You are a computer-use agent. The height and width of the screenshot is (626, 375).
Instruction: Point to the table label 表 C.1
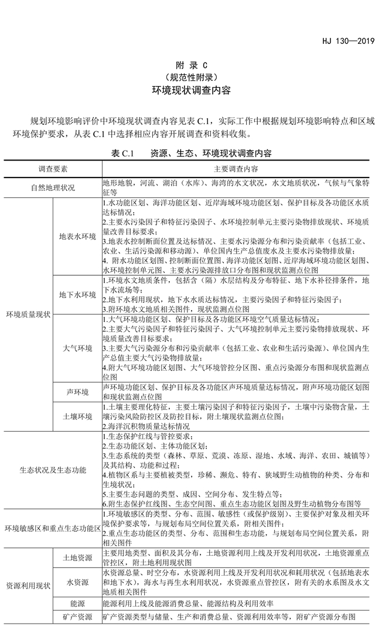coord(122,153)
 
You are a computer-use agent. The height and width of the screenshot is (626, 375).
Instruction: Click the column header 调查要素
coord(53,169)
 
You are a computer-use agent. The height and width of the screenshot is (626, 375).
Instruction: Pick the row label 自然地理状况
coord(53,187)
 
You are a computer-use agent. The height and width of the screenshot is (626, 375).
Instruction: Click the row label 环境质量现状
coord(29,314)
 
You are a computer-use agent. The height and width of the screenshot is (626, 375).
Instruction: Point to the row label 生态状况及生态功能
coord(53,470)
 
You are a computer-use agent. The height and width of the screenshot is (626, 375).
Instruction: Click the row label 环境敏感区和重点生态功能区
coord(53,529)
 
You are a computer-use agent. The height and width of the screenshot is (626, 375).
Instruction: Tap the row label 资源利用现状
coord(29,586)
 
